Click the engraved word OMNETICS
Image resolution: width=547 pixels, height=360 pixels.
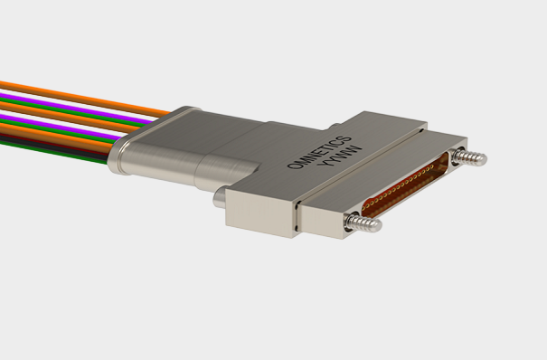tap(319, 152)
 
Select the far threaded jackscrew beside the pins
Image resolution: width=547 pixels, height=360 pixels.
tap(469, 156)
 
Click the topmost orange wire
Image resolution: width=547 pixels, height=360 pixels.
tap(85, 99)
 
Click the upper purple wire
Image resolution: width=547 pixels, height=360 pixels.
tap(77, 108)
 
